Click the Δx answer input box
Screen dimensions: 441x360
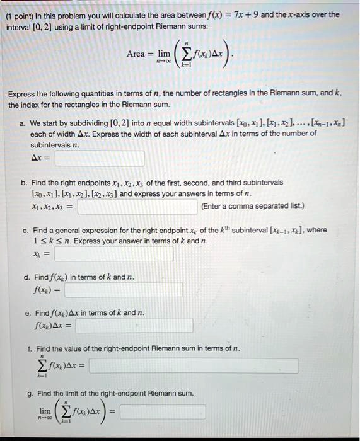point(100,158)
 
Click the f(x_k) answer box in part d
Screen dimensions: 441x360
point(124,290)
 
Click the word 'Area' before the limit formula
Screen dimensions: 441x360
point(136,54)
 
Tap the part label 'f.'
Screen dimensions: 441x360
point(30,348)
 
